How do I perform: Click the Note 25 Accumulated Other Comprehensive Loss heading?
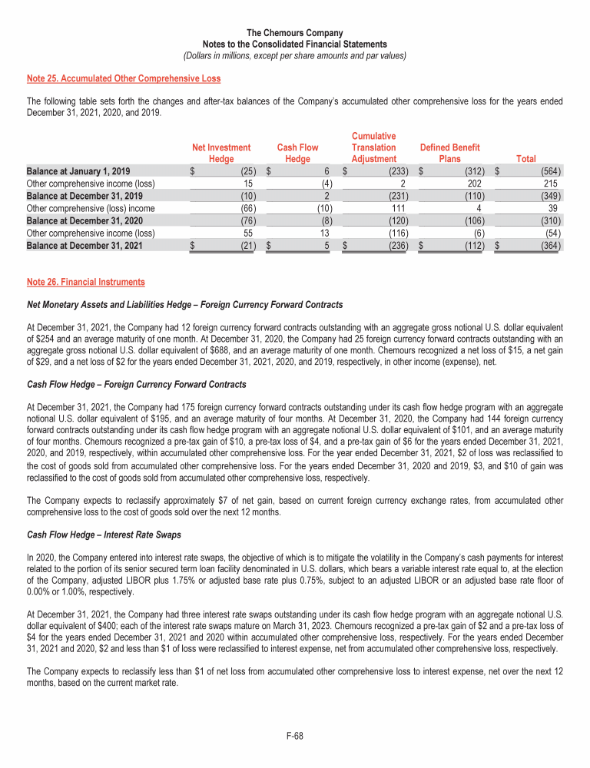(124, 78)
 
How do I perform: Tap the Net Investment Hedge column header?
(221, 153)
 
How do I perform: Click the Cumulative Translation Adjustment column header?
(373, 147)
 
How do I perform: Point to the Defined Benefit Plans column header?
(450, 153)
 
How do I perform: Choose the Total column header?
(526, 159)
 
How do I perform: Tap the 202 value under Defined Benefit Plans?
(474, 184)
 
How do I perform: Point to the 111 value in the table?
(399, 208)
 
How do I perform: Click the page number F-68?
(295, 736)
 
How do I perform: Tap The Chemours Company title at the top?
(295, 34)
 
